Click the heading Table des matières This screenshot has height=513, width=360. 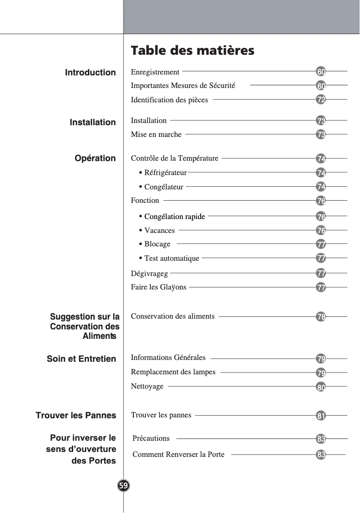(x=192, y=50)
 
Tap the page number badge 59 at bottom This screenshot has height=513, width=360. (x=123, y=486)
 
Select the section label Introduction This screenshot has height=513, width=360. (x=90, y=72)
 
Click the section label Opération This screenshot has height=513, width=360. (x=95, y=158)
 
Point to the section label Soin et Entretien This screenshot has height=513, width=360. (x=81, y=359)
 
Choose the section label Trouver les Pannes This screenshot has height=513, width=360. (x=76, y=415)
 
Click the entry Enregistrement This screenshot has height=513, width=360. (x=155, y=72)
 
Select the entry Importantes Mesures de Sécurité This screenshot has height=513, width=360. (x=183, y=85)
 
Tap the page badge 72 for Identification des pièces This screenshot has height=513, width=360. (x=321, y=100)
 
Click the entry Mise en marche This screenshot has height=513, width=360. (x=156, y=134)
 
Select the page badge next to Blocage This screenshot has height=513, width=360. (x=321, y=245)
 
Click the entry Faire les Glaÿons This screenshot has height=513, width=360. (x=158, y=287)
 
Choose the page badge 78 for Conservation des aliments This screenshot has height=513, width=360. (x=321, y=317)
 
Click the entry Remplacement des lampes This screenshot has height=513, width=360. (x=173, y=372)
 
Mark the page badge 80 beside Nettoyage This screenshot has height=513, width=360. (x=321, y=386)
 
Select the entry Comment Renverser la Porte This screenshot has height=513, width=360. (x=178, y=454)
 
